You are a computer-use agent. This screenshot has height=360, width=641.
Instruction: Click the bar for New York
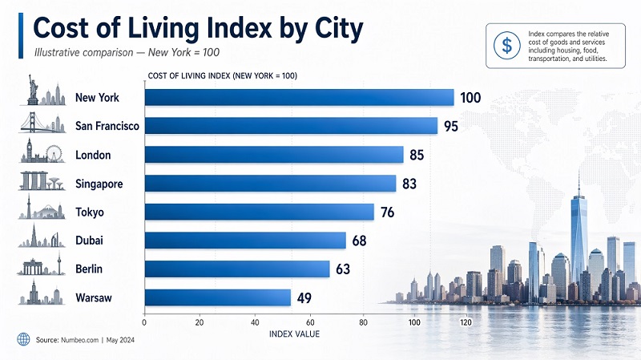tap(298, 98)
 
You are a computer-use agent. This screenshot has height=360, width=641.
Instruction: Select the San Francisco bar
tap(290, 126)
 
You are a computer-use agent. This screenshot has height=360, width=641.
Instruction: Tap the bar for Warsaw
tap(217, 297)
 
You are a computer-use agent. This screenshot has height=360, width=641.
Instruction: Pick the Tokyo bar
tap(259, 212)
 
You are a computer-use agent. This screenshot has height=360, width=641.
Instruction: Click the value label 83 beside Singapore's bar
tap(409, 184)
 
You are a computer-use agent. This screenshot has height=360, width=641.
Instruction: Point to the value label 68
tap(360, 241)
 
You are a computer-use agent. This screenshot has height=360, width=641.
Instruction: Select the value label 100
tap(470, 98)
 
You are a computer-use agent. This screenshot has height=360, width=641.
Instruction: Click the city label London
tap(93, 155)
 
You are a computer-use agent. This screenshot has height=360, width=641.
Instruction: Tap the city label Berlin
tap(90, 269)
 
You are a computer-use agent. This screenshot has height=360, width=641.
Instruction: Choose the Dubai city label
tap(89, 241)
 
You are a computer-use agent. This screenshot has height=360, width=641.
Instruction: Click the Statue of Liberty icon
tap(33, 90)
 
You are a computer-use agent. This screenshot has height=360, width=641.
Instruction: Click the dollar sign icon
tap(506, 45)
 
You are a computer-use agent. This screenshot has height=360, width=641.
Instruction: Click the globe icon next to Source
tap(22, 340)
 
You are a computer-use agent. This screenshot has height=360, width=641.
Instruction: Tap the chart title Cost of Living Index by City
tap(198, 27)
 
